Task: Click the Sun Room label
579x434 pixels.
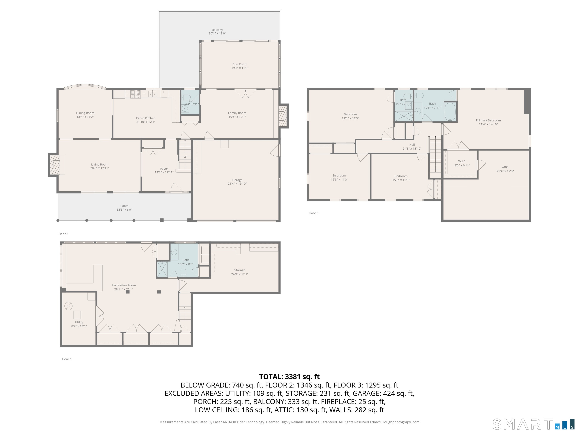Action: [x=240, y=64]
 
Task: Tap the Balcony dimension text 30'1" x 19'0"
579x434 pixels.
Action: [x=217, y=34]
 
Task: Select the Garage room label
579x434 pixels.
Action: [x=237, y=180]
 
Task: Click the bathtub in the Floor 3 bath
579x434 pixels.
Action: [x=450, y=112]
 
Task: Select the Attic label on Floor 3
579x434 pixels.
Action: [x=505, y=167]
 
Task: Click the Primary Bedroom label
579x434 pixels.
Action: [x=488, y=120]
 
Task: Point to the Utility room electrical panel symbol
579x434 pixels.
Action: [x=69, y=306]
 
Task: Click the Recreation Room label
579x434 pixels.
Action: [x=124, y=285]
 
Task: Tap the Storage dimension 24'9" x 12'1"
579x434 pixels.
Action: [x=240, y=274]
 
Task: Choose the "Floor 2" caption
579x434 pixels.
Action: [x=63, y=234]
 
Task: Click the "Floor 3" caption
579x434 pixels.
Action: [x=314, y=213]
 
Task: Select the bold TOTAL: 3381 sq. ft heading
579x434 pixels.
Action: [x=289, y=377]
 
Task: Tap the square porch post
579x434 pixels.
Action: [x=162, y=220]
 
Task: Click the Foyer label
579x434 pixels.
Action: [x=164, y=169]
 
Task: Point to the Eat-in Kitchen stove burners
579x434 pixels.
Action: [x=136, y=94]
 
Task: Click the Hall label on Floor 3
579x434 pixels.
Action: [x=412, y=145]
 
